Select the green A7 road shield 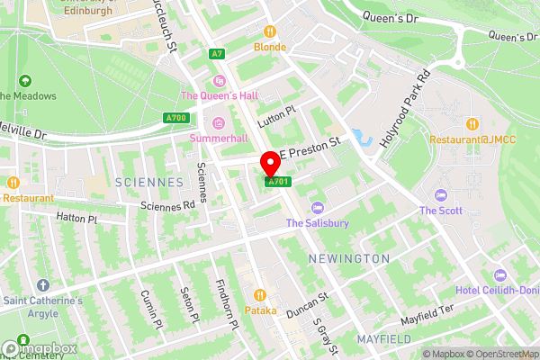(x=216, y=54)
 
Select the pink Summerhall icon (x=216, y=122)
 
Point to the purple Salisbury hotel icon (x=314, y=208)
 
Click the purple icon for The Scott (x=440, y=195)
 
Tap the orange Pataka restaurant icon (x=260, y=294)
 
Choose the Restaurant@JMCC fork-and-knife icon (x=472, y=123)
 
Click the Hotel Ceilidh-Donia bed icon (x=499, y=274)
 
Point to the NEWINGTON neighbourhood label (x=350, y=259)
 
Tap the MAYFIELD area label (x=383, y=339)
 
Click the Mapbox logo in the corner (x=39, y=348)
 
